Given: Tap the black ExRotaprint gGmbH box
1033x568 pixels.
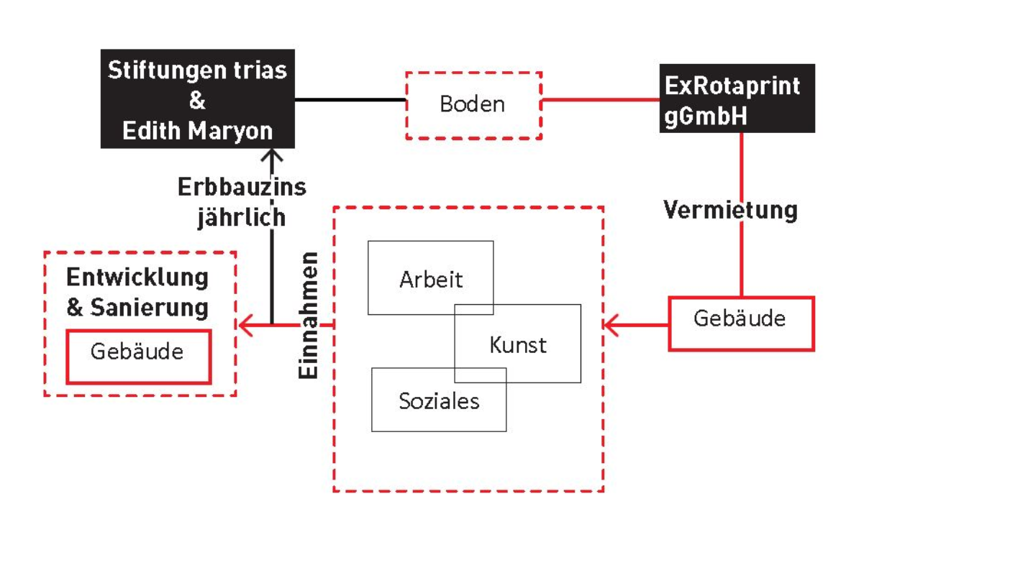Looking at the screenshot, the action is pyautogui.click(x=737, y=99).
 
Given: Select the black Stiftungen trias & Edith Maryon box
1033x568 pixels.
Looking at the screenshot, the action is pyautogui.click(x=197, y=99).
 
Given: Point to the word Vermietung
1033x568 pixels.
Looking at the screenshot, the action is pyautogui.click(x=730, y=210).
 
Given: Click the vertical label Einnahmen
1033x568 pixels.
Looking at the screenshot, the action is pyautogui.click(x=308, y=316).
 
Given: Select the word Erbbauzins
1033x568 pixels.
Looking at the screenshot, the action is pyautogui.click(x=242, y=187).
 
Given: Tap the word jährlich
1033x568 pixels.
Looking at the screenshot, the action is pyautogui.click(x=242, y=216).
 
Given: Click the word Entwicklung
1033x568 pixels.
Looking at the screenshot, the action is pyautogui.click(x=137, y=278).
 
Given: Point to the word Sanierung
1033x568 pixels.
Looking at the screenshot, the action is pyautogui.click(x=150, y=307).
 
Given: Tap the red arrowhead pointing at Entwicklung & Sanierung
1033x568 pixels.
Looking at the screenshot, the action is pyautogui.click(x=245, y=325).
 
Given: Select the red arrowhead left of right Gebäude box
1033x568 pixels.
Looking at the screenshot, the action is pyautogui.click(x=611, y=325).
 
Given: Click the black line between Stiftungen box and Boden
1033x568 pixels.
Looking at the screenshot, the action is pyautogui.click(x=350, y=100).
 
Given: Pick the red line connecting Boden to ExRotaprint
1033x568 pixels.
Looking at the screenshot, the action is pyautogui.click(x=601, y=100).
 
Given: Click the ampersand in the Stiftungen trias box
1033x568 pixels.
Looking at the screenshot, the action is pyautogui.click(x=197, y=100).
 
